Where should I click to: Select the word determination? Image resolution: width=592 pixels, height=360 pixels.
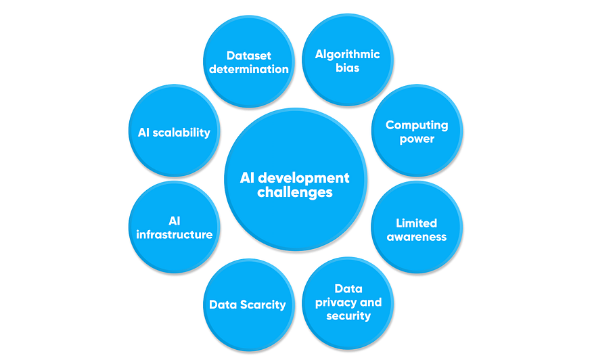click(x=248, y=69)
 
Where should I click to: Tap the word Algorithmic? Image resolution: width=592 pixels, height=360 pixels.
click(x=348, y=54)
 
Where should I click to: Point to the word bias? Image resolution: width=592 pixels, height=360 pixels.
click(x=348, y=69)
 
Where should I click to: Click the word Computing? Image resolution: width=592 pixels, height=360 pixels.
click(x=417, y=125)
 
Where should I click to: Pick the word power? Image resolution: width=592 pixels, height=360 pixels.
click(x=417, y=139)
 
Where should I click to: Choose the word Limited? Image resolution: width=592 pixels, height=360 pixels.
click(x=417, y=223)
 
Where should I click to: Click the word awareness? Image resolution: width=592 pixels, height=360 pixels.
click(x=417, y=237)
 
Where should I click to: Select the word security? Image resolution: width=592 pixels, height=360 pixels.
click(x=348, y=316)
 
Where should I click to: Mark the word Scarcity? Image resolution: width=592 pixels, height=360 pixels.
click(x=261, y=305)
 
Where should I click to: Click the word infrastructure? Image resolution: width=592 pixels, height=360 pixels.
click(x=175, y=235)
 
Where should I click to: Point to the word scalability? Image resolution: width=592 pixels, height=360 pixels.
click(x=182, y=132)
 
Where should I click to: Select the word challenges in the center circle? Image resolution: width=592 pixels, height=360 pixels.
click(x=295, y=193)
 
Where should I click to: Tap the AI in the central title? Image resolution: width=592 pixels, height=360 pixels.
click(x=248, y=178)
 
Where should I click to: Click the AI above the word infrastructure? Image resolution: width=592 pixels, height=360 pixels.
click(x=175, y=221)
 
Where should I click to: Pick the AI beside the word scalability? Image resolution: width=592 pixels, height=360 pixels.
click(x=144, y=132)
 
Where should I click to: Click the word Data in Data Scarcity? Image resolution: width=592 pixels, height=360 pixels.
click(x=221, y=305)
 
